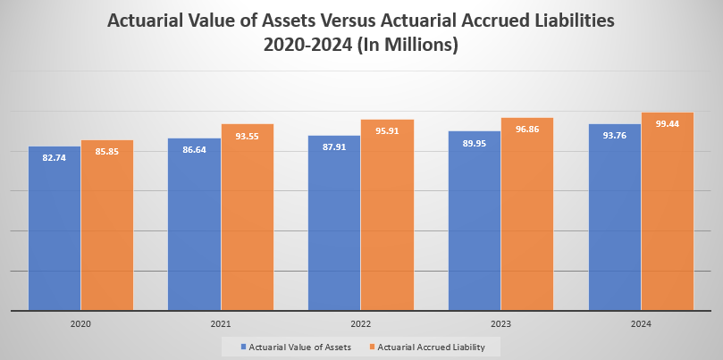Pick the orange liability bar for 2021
pyautogui.click(x=248, y=219)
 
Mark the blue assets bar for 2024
pyautogui.click(x=614, y=219)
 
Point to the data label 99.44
pyautogui.click(x=668, y=124)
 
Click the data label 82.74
pyautogui.click(x=55, y=158)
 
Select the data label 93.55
pyautogui.click(x=248, y=136)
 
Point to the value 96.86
pyautogui.click(x=527, y=130)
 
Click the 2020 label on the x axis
pyautogui.click(x=80, y=323)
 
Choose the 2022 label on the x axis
pyautogui.click(x=361, y=323)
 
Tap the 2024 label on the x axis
pyautogui.click(x=641, y=323)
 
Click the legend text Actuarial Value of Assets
pyautogui.click(x=299, y=347)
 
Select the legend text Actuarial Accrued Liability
pyautogui.click(x=432, y=347)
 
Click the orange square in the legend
pyautogui.click(x=372, y=347)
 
